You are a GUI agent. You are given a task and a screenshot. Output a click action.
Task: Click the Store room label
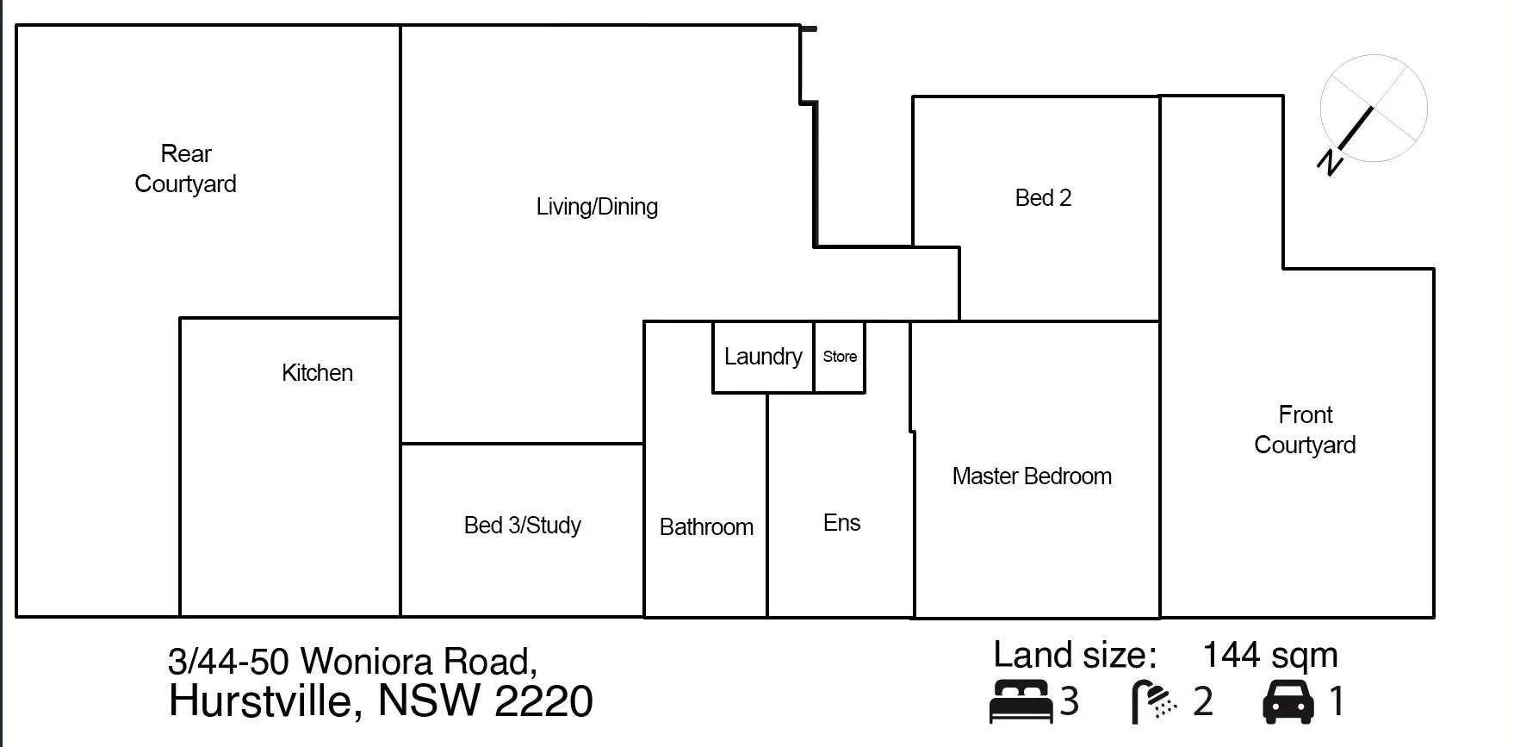[840, 357]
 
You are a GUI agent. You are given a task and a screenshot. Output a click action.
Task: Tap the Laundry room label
[763, 357]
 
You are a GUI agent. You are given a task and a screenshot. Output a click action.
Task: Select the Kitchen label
[317, 373]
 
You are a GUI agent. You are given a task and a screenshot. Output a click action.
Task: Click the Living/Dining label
[597, 207]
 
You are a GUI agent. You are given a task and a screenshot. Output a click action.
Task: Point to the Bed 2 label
[1043, 198]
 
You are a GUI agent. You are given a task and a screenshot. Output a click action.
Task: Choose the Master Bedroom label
[1032, 476]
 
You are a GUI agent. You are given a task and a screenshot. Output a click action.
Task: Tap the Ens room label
[841, 523]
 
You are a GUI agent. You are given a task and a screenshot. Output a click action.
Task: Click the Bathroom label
[706, 527]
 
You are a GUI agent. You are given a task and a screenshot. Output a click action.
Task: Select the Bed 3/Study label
[522, 526]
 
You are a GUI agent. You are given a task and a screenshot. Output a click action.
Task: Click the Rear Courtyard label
[186, 169]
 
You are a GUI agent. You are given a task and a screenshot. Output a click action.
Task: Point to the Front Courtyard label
[1305, 430]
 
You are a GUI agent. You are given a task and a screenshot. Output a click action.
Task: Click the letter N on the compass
[1331, 161]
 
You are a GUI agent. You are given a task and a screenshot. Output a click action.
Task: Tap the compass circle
[1374, 109]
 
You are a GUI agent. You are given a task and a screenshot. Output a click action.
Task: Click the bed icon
[1021, 701]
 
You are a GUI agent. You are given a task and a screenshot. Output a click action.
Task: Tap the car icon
[1288, 701]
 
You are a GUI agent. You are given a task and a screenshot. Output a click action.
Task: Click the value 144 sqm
[1269, 656]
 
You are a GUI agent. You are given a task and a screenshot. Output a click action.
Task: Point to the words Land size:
[1075, 656]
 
